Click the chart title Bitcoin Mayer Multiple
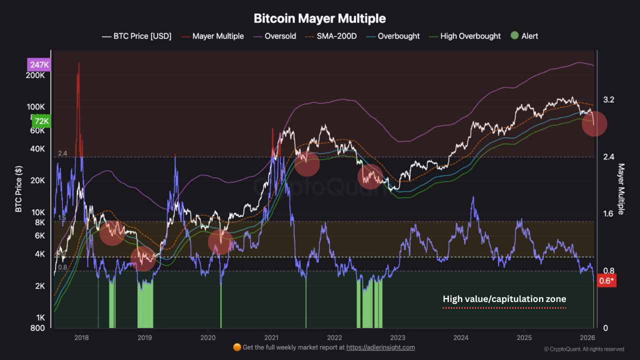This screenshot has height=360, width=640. point(319,18)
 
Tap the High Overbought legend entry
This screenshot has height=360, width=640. point(470,36)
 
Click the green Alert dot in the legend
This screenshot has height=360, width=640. point(514,36)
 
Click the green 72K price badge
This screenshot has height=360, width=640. point(40,121)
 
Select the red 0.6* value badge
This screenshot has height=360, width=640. point(606,280)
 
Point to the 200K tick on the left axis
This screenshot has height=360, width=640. point(36,75)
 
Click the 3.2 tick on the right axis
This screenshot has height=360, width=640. point(608,100)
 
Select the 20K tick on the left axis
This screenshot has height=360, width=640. point(38,180)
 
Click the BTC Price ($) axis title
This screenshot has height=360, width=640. point(18,189)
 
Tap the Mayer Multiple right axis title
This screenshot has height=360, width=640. point(621,189)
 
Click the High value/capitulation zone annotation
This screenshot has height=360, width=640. point(504,299)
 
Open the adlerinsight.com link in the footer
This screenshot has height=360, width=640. point(380,347)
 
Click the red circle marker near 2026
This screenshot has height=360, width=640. point(594,123)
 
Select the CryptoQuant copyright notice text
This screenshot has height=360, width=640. point(583,349)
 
